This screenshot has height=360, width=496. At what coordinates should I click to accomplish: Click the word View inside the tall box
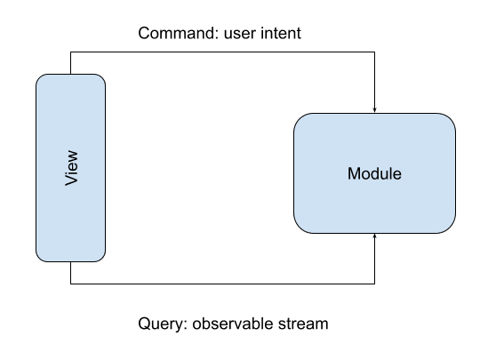click(71, 168)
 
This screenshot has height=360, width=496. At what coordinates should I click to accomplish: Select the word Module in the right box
click(374, 173)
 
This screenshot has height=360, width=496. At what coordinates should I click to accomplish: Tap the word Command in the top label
click(176, 33)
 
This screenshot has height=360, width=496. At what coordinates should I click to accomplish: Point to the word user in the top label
click(238, 35)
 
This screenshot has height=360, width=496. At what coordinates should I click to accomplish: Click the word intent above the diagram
click(278, 33)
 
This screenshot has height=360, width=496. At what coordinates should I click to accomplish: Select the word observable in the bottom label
click(233, 324)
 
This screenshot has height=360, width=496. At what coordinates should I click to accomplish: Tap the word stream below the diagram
click(303, 324)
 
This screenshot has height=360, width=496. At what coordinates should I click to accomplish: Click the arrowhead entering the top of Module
click(374, 110)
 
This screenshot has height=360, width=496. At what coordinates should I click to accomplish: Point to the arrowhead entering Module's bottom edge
click(374, 236)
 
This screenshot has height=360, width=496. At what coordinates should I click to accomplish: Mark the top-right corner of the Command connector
click(374, 52)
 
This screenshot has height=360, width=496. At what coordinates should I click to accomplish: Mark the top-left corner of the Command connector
click(70, 52)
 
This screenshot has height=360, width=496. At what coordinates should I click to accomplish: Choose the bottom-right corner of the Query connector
click(374, 284)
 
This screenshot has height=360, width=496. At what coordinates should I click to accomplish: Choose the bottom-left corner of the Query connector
click(70, 284)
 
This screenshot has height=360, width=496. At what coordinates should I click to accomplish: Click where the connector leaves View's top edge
click(70, 75)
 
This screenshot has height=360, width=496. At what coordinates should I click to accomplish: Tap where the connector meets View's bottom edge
click(70, 261)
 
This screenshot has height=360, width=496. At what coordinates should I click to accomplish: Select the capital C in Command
click(144, 33)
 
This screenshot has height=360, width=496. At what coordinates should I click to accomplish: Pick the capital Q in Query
click(144, 324)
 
